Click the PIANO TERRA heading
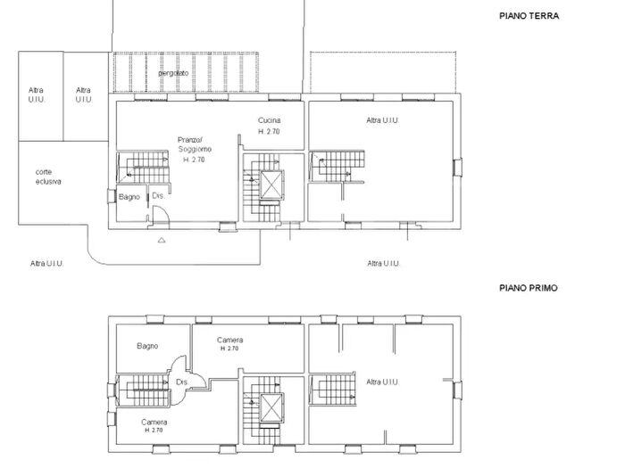coord(529,16)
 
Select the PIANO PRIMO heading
coord(529,289)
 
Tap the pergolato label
coord(176,71)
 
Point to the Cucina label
coord(271,120)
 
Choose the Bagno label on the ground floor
coord(130,196)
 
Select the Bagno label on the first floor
coord(147,346)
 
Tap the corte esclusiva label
coord(48,177)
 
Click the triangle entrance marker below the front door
coord(161,241)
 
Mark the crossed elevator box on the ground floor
coord(271,184)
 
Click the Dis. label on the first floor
coord(181,382)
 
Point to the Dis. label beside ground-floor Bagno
coord(156,195)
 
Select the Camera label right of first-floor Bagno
coord(229,340)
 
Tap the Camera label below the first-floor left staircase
coord(154,422)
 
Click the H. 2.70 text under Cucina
coord(271,131)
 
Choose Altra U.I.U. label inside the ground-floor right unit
coord(382,120)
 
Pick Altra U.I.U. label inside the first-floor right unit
coord(382,382)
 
